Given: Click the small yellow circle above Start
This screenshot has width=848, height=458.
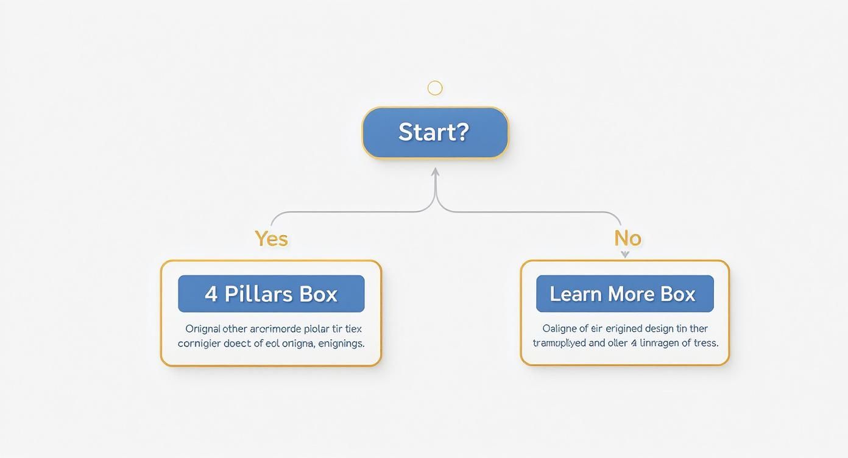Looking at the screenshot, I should (435, 88).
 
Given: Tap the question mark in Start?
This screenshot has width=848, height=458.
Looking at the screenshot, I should (462, 132).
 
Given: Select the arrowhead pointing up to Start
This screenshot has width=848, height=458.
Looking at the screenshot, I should (435, 172).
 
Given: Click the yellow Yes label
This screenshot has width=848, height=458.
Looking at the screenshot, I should (271, 238).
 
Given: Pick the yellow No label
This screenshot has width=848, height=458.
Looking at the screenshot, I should (627, 238).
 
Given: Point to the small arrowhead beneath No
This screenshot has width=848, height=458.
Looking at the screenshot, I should (625, 255).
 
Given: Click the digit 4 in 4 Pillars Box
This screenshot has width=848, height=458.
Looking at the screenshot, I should (211, 294).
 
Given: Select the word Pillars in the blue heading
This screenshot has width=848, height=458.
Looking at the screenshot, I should (258, 294).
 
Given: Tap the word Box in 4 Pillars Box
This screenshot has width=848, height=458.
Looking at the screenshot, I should (318, 294).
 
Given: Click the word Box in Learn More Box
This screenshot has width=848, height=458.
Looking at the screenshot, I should (679, 294).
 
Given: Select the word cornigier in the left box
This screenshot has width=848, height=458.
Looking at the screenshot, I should (200, 343).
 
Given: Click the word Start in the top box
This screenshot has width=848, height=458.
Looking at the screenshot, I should (426, 132).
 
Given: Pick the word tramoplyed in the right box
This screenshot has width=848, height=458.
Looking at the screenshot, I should (559, 343).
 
